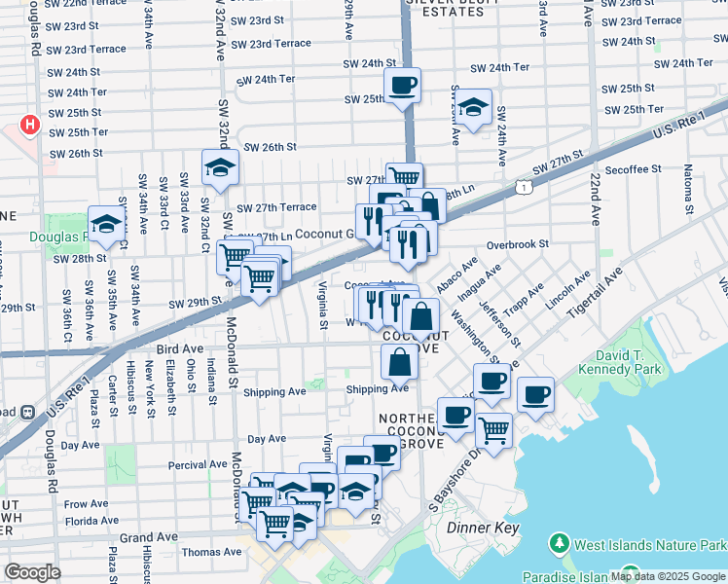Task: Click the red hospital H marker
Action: tap(30, 126)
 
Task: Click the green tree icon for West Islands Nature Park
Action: tap(560, 541)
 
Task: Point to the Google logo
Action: tap(33, 572)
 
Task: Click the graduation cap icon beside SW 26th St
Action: tap(220, 168)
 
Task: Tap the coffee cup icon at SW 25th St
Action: tap(402, 86)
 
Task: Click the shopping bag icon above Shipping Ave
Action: tap(401, 362)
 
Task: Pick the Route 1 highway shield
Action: tap(525, 185)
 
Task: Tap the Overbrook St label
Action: tap(519, 244)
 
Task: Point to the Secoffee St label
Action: tap(633, 168)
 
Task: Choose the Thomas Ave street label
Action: tap(211, 552)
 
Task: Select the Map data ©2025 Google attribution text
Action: tap(668, 576)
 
